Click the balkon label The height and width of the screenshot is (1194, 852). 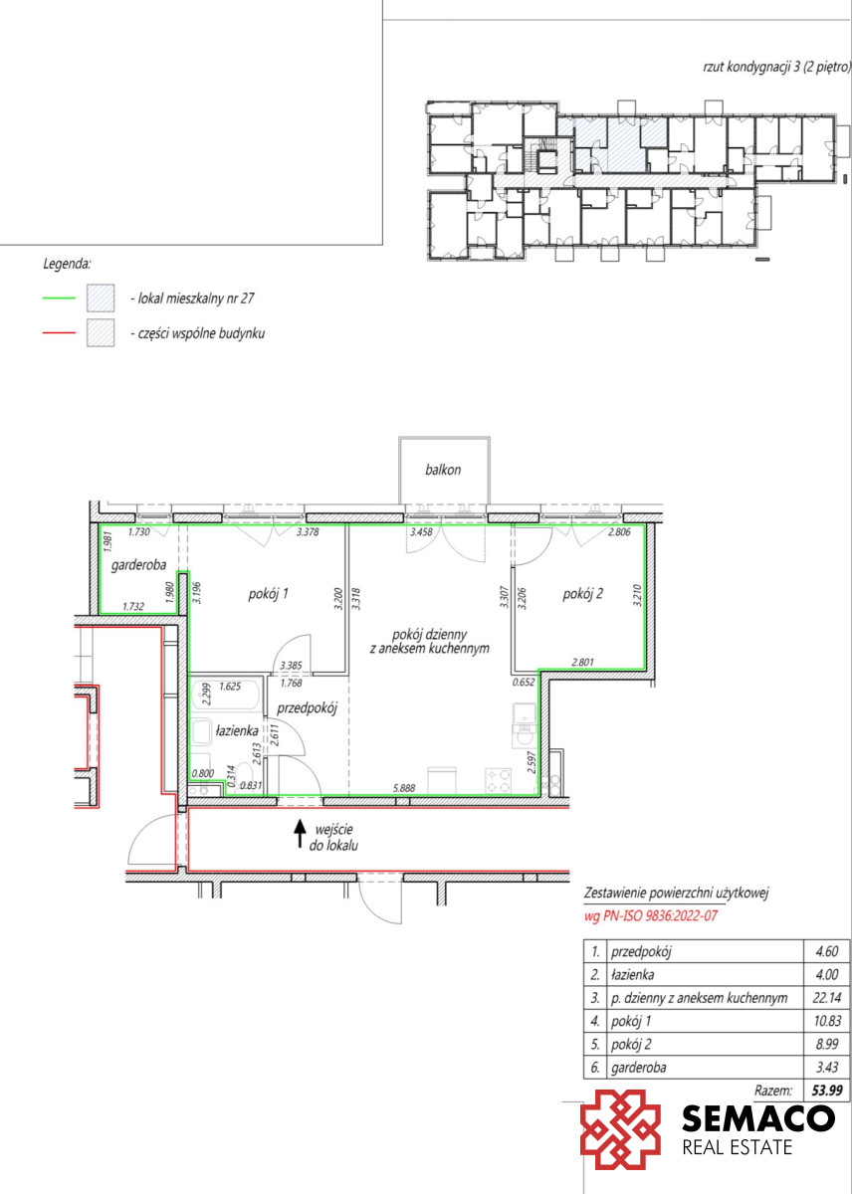click(443, 470)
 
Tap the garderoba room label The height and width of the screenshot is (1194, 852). click(138, 565)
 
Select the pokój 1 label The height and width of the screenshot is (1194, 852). click(268, 593)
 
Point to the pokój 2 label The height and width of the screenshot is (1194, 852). click(582, 593)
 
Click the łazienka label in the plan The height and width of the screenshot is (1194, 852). click(237, 730)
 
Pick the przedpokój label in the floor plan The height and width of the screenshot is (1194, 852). click(308, 708)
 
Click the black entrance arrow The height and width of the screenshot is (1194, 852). click(301, 834)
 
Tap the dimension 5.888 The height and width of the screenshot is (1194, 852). click(404, 788)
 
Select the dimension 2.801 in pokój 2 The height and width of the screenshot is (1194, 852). click(582, 662)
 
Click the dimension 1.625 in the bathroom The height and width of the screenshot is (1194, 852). click(230, 686)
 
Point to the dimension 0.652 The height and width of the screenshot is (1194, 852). click(523, 682)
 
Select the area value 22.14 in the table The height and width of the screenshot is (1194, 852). click(827, 997)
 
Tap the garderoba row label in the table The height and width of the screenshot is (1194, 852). click(638, 1067)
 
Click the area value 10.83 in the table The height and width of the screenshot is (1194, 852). click(827, 1021)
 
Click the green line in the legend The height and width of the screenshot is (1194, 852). click(59, 298)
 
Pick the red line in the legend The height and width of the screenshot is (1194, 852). click(59, 332)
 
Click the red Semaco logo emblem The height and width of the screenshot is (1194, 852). click(620, 1129)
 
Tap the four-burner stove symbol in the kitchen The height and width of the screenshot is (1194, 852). click(498, 780)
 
